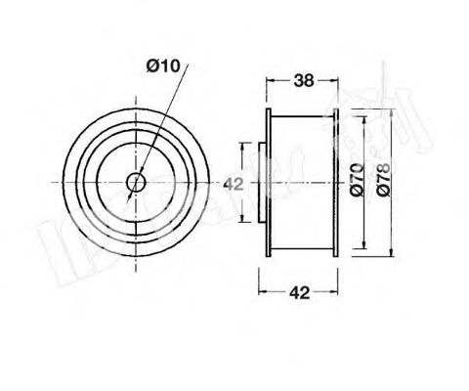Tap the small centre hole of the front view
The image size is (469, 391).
coord(136,181)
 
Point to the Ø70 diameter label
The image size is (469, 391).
coord(358,180)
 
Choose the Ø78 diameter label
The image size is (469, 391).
coord(388,180)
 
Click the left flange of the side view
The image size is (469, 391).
coord(270,182)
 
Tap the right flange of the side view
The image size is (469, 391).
coord(336,182)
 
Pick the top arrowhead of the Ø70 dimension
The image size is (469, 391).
coord(365,114)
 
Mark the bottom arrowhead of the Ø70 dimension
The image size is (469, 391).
coord(365,246)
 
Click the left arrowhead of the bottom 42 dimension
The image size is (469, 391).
coord(262,292)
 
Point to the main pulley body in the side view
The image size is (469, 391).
coord(303,182)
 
